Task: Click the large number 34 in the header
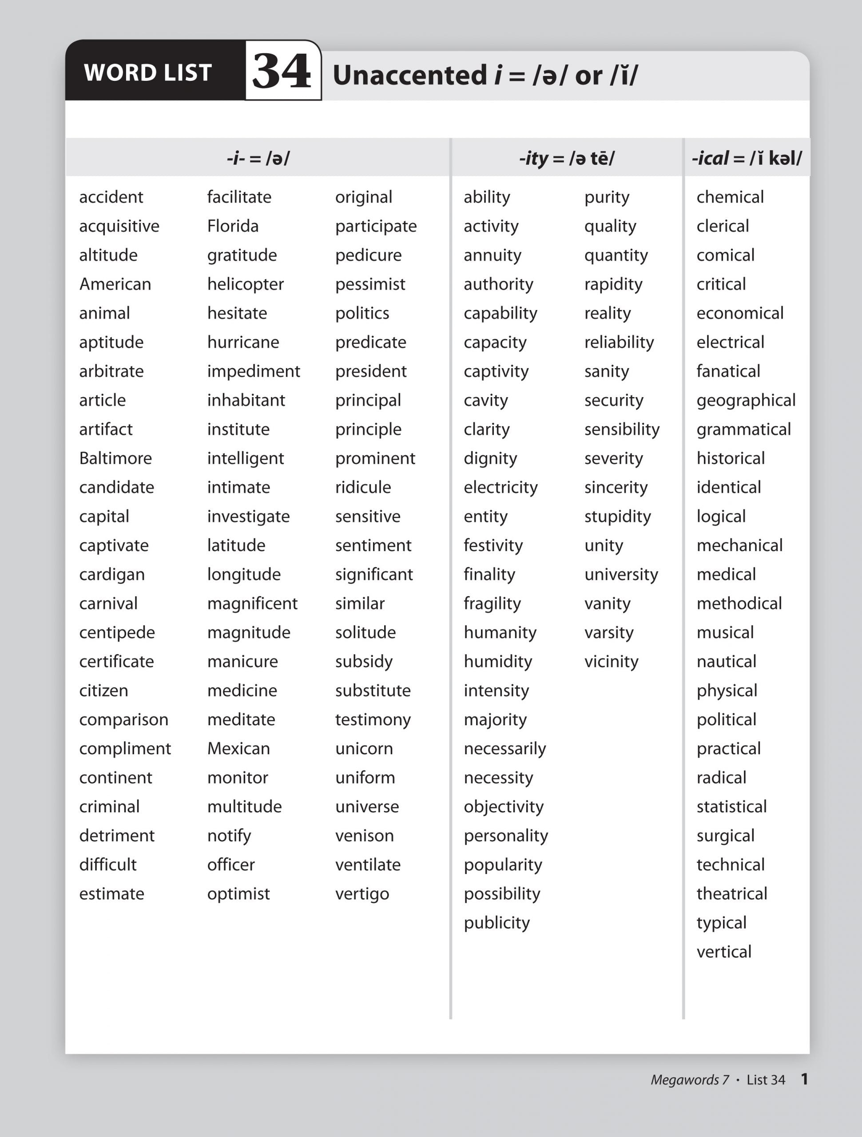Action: [282, 71]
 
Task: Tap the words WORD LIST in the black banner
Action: [148, 72]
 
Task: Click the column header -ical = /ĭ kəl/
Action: [747, 158]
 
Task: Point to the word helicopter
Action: [245, 284]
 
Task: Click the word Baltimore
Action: [115, 458]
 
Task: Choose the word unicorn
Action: [364, 749]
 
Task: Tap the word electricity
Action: [501, 487]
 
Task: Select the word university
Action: [621, 575]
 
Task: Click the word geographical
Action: [746, 401]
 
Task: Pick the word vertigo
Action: [362, 894]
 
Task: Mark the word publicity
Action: [497, 923]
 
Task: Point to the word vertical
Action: [724, 952]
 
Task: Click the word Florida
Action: [233, 226]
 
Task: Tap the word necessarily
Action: [505, 749]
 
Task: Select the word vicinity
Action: [611, 661]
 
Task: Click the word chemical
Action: [730, 197]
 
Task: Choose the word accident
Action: [111, 197]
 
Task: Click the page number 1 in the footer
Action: [804, 1079]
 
